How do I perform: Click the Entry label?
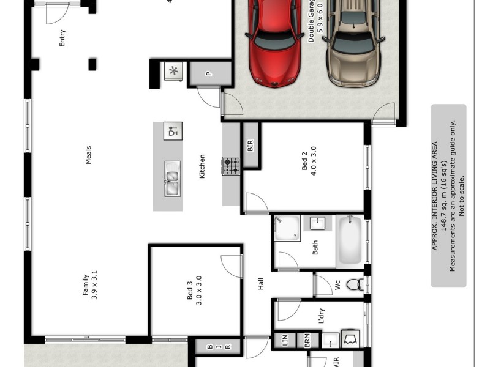coord(62,38)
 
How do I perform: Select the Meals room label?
coord(88,155)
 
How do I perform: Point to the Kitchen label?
coord(202,166)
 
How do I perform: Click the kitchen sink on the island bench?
coord(173,179)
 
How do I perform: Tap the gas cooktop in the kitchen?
coord(231,166)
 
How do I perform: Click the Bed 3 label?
coord(194,292)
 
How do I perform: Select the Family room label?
coord(90,283)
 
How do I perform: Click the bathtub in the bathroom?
coord(350,240)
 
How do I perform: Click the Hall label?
coord(260,284)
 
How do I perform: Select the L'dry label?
coord(322,316)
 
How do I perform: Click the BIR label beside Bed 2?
coord(250,146)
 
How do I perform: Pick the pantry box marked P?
coord(209,74)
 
